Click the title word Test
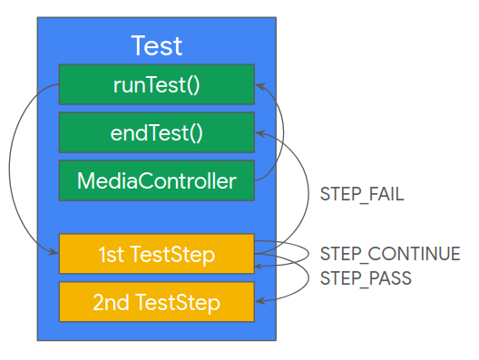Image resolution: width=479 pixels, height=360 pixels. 157,45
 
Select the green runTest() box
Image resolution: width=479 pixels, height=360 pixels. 156,84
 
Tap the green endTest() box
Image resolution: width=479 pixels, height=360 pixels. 156,132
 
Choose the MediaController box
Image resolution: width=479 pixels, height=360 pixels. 156,180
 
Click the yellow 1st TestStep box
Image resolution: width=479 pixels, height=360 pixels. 156,254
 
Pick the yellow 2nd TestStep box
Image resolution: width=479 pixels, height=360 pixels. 156,301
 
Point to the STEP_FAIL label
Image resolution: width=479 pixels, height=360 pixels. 361,194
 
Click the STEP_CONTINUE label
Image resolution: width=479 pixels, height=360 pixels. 389,254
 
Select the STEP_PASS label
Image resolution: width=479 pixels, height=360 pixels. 366,277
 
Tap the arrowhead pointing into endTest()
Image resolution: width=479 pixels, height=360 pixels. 259,132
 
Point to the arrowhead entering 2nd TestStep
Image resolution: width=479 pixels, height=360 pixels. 259,301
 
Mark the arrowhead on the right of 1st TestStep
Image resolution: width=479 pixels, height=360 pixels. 259,266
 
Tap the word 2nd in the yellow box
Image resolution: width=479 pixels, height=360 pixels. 112,301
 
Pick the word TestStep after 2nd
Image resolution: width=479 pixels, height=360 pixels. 179,301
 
